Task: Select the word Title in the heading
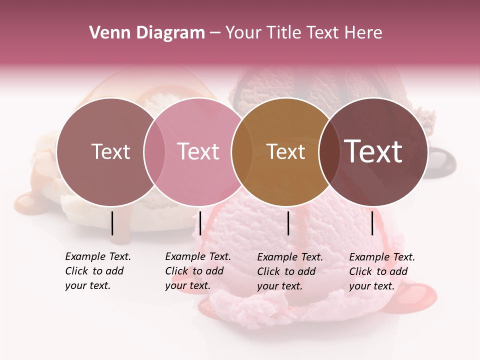(x=284, y=33)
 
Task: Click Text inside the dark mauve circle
(x=110, y=151)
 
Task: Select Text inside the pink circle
(x=198, y=151)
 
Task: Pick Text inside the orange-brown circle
(x=285, y=151)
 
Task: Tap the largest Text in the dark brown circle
(x=373, y=151)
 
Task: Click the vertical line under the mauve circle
(x=112, y=223)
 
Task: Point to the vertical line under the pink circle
(x=200, y=223)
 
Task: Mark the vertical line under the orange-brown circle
(x=288, y=223)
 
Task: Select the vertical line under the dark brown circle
(x=372, y=223)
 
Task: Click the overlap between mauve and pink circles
(x=154, y=151)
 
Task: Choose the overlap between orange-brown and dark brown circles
(x=328, y=151)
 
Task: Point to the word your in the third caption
(x=267, y=286)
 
